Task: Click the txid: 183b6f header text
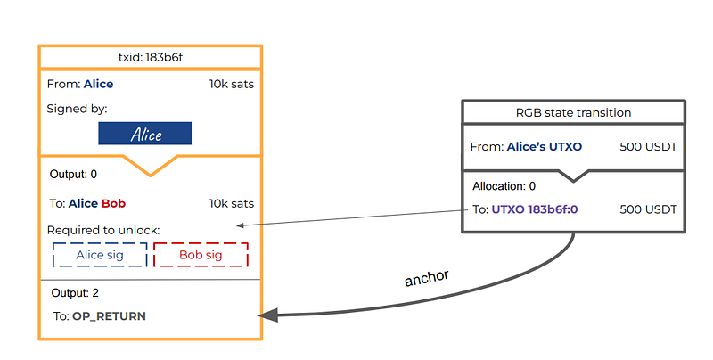coord(151,57)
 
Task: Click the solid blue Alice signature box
coord(145,133)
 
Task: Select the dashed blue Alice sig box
coord(100,255)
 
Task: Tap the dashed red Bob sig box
coord(201,255)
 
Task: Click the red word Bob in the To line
coord(114,203)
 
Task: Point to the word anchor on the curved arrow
coord(427,278)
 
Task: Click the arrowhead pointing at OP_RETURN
coord(268,315)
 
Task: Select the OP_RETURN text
coord(109,316)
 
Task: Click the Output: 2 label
coord(75,293)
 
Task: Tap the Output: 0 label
coord(73,174)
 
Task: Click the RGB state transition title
coord(573,113)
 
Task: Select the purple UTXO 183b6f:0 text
coord(535,209)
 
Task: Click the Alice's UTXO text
coord(545,147)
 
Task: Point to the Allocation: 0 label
coord(504,186)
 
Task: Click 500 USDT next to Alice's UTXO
coord(649,147)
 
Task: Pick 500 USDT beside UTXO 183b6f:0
coord(649,209)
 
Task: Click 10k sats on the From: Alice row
coord(232,84)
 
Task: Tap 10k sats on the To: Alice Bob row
coord(232,204)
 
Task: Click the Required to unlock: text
coord(103,231)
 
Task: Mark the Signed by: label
coord(77,109)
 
